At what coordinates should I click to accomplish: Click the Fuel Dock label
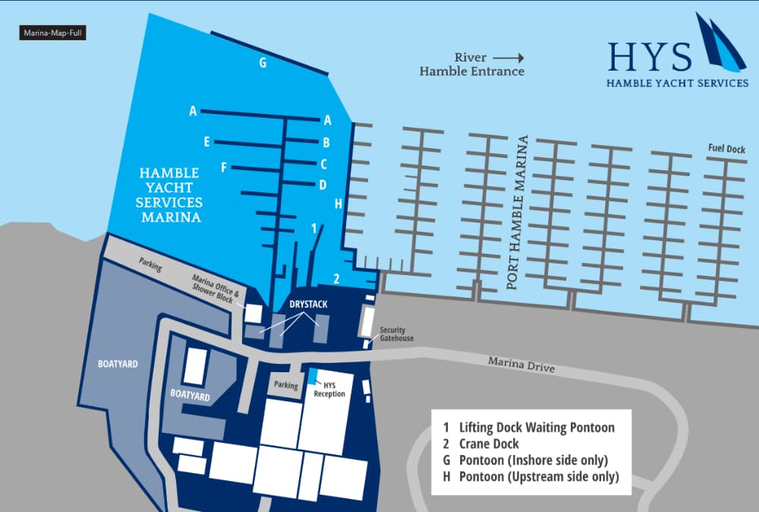(x=726, y=149)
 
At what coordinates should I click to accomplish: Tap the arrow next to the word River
(x=509, y=57)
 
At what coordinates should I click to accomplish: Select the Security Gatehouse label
(x=397, y=334)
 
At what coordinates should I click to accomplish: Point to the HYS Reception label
(x=329, y=390)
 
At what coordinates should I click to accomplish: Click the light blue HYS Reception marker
(x=313, y=375)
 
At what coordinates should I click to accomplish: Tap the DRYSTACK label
(x=308, y=304)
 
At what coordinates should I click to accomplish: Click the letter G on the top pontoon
(x=263, y=63)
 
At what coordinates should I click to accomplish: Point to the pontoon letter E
(x=206, y=141)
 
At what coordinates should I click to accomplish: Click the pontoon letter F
(x=224, y=167)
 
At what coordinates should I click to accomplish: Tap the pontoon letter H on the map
(x=339, y=204)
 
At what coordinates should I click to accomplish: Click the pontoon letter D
(x=323, y=185)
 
